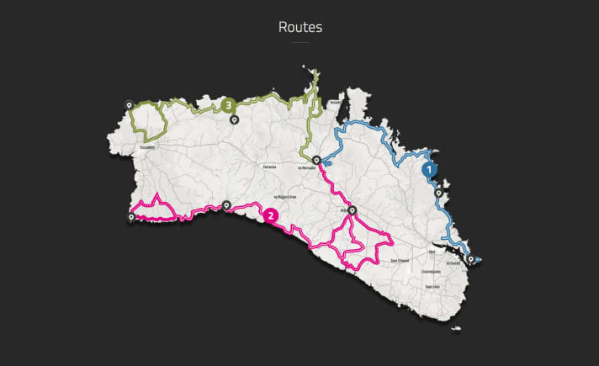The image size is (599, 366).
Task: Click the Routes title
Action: [299, 27]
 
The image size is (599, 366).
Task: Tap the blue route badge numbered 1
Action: [430, 168]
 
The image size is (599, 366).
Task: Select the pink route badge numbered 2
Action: [270, 215]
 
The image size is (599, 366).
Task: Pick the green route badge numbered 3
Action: [229, 105]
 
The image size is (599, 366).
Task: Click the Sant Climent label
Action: [400, 261]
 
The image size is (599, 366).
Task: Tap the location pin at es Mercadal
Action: [315, 160]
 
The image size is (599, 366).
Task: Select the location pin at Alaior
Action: [353, 210]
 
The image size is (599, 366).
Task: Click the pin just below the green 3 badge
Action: [235, 119]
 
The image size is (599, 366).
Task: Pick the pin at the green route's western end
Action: [129, 106]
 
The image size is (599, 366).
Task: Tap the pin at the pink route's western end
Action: [130, 217]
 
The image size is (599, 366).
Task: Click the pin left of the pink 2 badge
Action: [226, 204]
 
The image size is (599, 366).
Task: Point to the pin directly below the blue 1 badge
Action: [438, 194]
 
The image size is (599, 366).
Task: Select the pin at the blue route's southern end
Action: [470, 259]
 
